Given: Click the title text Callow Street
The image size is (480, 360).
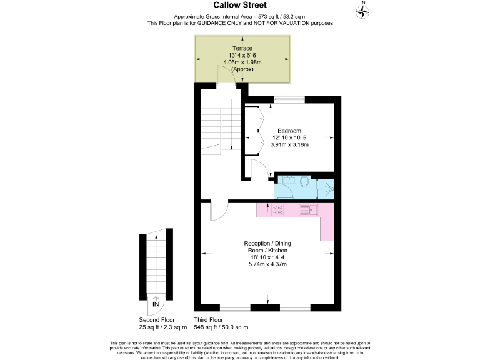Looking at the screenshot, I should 240,5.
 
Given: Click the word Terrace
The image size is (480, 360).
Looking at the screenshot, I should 242,48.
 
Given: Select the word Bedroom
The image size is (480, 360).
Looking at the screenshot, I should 290,130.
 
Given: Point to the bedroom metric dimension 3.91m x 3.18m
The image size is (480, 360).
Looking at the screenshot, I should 290,144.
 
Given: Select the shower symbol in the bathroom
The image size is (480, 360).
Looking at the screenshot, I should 326,188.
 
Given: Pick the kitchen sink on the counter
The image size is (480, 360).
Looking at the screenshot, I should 308,210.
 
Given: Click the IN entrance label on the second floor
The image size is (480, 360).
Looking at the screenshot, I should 155,304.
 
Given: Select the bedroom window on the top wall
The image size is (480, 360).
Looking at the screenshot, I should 289,98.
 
